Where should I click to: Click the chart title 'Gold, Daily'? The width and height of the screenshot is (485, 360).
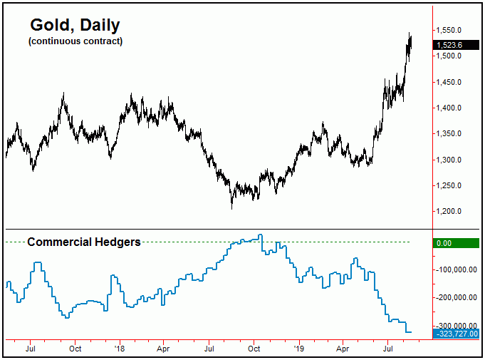(75, 26)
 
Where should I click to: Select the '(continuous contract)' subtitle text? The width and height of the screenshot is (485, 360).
(75, 41)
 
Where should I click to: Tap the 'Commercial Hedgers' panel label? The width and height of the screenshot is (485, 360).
(83, 242)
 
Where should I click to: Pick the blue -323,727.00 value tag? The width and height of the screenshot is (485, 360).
(455, 333)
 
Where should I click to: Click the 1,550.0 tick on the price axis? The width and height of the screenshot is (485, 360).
(452, 30)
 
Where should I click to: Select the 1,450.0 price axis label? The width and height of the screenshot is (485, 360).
(452, 82)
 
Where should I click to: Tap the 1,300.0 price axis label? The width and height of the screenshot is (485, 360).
(452, 160)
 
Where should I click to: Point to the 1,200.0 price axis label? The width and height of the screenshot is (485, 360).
(452, 212)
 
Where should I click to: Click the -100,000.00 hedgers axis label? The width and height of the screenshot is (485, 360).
(456, 270)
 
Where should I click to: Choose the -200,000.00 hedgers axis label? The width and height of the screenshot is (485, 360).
(456, 298)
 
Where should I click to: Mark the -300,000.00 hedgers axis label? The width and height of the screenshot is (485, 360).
(456, 326)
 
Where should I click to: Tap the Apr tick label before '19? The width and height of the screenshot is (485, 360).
(163, 349)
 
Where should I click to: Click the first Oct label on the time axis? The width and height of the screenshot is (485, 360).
(75, 349)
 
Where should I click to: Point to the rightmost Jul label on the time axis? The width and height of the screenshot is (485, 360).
(389, 349)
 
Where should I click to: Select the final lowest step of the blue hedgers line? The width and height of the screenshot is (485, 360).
(408, 332)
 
